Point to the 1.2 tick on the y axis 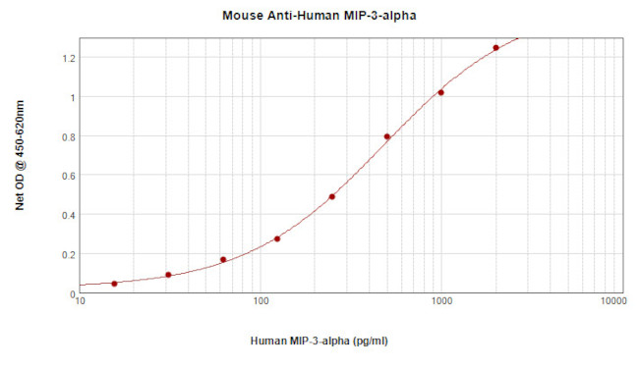[x=67, y=58]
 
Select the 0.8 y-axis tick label [x=67, y=136]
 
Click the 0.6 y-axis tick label [x=67, y=176]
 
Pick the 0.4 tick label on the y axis [x=67, y=215]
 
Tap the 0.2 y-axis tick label [x=67, y=254]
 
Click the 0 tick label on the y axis [x=72, y=293]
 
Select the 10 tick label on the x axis [x=81, y=302]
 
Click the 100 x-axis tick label [x=261, y=302]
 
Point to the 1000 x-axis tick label [x=440, y=302]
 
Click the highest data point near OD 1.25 [x=495, y=47]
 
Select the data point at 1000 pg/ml [x=440, y=92]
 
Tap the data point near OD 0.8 [x=387, y=136]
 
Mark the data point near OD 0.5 [x=332, y=196]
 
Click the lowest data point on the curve [x=114, y=284]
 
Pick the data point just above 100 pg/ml [x=277, y=238]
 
